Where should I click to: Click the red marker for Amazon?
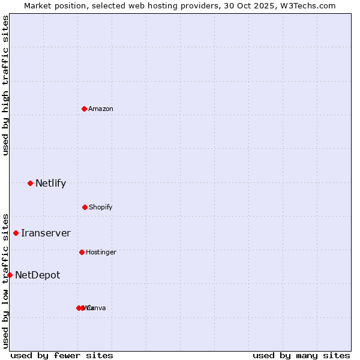click(84, 109)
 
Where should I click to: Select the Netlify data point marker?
click(30, 183)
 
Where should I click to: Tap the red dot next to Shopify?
click(85, 207)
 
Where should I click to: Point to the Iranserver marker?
click(16, 233)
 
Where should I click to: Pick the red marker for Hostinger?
click(82, 252)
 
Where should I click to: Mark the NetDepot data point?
click(10, 275)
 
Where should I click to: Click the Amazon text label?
click(101, 109)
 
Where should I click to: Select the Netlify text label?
click(50, 183)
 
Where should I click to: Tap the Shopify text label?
click(101, 207)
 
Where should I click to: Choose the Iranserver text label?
click(46, 233)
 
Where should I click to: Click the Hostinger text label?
click(101, 252)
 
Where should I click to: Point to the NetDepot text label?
click(37, 275)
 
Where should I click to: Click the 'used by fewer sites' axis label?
click(62, 355)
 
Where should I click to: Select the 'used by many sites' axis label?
click(301, 355)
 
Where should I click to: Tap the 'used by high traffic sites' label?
click(6, 85)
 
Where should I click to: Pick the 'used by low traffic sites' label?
click(6, 280)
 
